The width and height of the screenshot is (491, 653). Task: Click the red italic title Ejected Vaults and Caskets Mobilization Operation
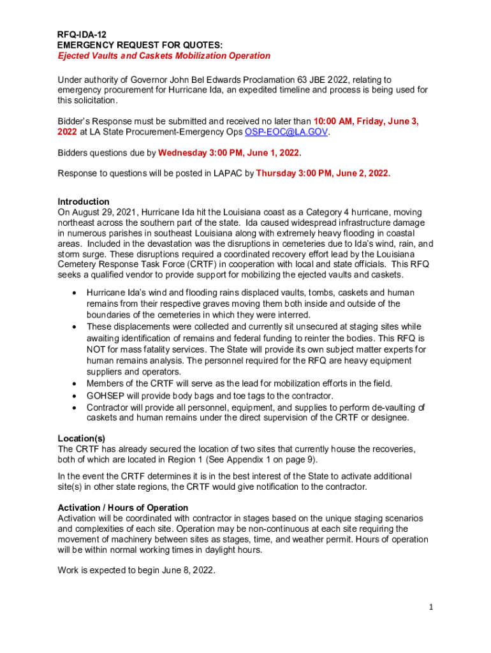point(164,55)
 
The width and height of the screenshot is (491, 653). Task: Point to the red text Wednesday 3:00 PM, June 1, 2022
point(230,153)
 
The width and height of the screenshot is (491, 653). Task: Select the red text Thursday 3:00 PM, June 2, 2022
point(323,173)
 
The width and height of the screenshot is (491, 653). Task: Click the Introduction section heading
point(84,202)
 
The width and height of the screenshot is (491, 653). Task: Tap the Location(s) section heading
point(82,439)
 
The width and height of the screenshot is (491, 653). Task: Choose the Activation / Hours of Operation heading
point(123,508)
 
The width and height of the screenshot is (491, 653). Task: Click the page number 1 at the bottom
point(431,607)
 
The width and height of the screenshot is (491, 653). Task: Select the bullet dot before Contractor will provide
point(75,407)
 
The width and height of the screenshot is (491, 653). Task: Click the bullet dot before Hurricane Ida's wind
point(75,293)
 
